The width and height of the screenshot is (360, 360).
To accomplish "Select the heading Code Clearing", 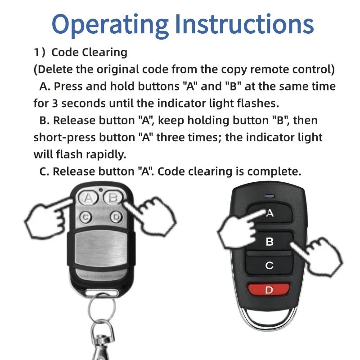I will coord(89,52).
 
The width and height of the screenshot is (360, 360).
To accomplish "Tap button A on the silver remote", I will coord(89,198).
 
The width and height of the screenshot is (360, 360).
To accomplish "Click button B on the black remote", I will coord(269,242).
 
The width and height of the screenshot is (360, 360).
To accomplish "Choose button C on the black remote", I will coord(269,265).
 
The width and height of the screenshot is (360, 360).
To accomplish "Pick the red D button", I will coord(269,290).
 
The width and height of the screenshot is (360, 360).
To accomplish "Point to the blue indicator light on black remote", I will coord(270,196).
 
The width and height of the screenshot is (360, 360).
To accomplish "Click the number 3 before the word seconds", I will coord(54,103).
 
